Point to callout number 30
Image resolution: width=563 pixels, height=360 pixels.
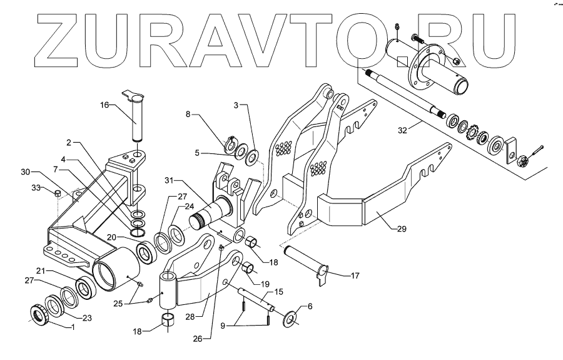point(26,171)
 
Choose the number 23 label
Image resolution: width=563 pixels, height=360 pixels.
point(88,318)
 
